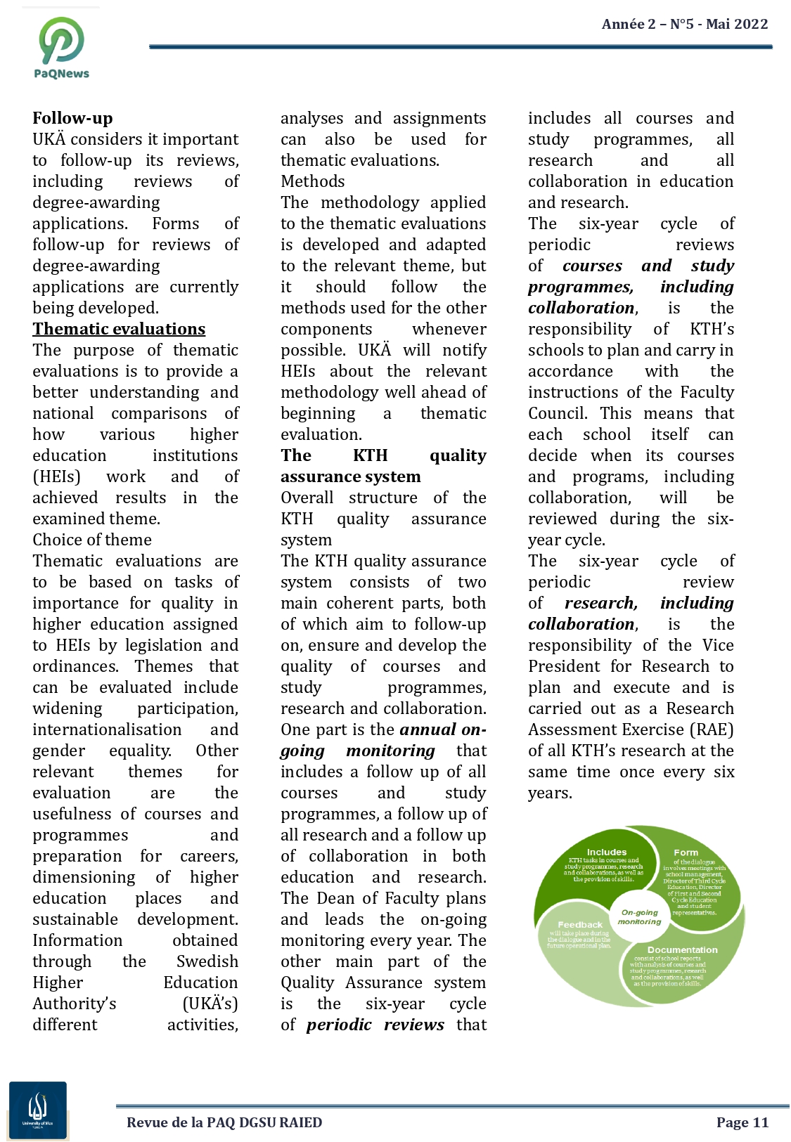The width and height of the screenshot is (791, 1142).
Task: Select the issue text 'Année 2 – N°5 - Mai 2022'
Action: (x=684, y=24)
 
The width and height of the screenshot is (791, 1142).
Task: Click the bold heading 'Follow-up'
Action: (x=72, y=118)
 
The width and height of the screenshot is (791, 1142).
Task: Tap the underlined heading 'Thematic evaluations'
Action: (x=119, y=329)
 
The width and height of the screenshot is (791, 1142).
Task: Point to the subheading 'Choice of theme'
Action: (x=92, y=540)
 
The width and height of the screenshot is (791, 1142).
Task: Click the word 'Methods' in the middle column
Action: (x=313, y=181)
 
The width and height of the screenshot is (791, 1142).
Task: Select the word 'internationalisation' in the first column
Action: (x=107, y=729)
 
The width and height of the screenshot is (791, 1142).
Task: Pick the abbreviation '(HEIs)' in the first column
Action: (x=56, y=476)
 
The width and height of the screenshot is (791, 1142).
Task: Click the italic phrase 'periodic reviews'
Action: (x=375, y=1025)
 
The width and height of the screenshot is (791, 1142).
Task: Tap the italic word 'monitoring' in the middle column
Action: (x=390, y=751)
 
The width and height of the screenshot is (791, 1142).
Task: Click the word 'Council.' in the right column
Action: (x=558, y=413)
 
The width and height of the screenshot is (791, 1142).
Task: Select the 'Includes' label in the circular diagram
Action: (x=606, y=852)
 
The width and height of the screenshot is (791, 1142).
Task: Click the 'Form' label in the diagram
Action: (x=686, y=852)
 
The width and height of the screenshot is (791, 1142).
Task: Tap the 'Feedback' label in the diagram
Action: (x=580, y=925)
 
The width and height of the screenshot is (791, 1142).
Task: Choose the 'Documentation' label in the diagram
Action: (x=682, y=949)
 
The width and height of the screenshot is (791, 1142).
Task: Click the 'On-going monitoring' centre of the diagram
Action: (x=639, y=916)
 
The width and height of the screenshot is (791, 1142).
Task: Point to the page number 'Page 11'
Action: (x=742, y=1122)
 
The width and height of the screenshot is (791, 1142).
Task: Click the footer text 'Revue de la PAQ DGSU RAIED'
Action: (x=224, y=1122)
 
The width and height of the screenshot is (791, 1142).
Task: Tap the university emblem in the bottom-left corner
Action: (x=38, y=1110)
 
